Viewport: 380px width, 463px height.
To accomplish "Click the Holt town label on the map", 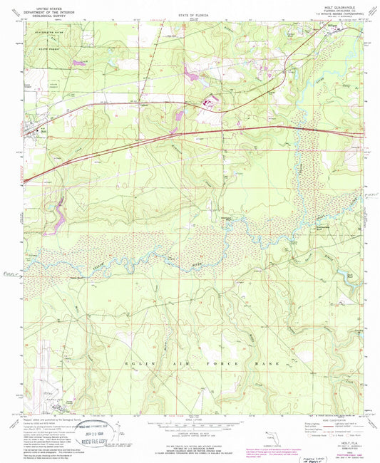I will [x=41, y=130].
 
